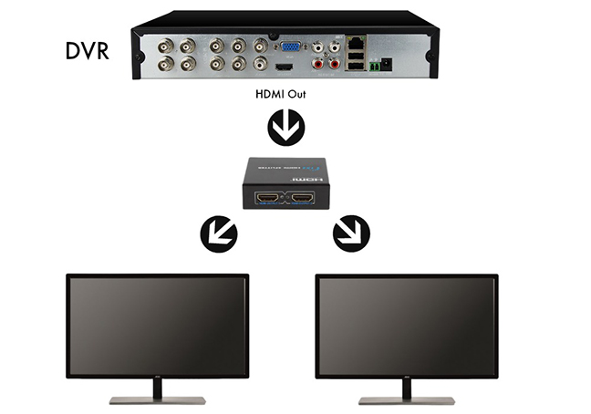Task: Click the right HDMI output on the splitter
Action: coord(304,198)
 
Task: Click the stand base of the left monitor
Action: coord(159,399)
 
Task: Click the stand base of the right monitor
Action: coord(407,399)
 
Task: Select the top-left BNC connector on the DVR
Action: coord(168,45)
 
